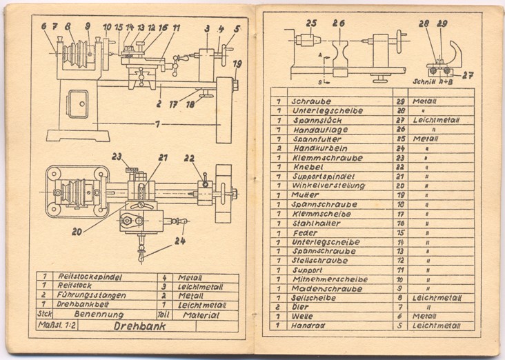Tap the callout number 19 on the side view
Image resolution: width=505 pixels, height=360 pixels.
[237, 65]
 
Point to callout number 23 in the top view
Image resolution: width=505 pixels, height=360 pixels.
[117, 156]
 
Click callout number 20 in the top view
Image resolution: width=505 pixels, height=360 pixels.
[75, 232]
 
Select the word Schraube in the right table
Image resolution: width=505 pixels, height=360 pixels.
[313, 101]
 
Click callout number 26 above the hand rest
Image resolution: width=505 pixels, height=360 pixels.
[338, 23]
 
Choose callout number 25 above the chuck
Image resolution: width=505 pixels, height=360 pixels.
[311, 23]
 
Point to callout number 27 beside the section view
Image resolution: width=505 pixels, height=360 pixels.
[468, 74]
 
